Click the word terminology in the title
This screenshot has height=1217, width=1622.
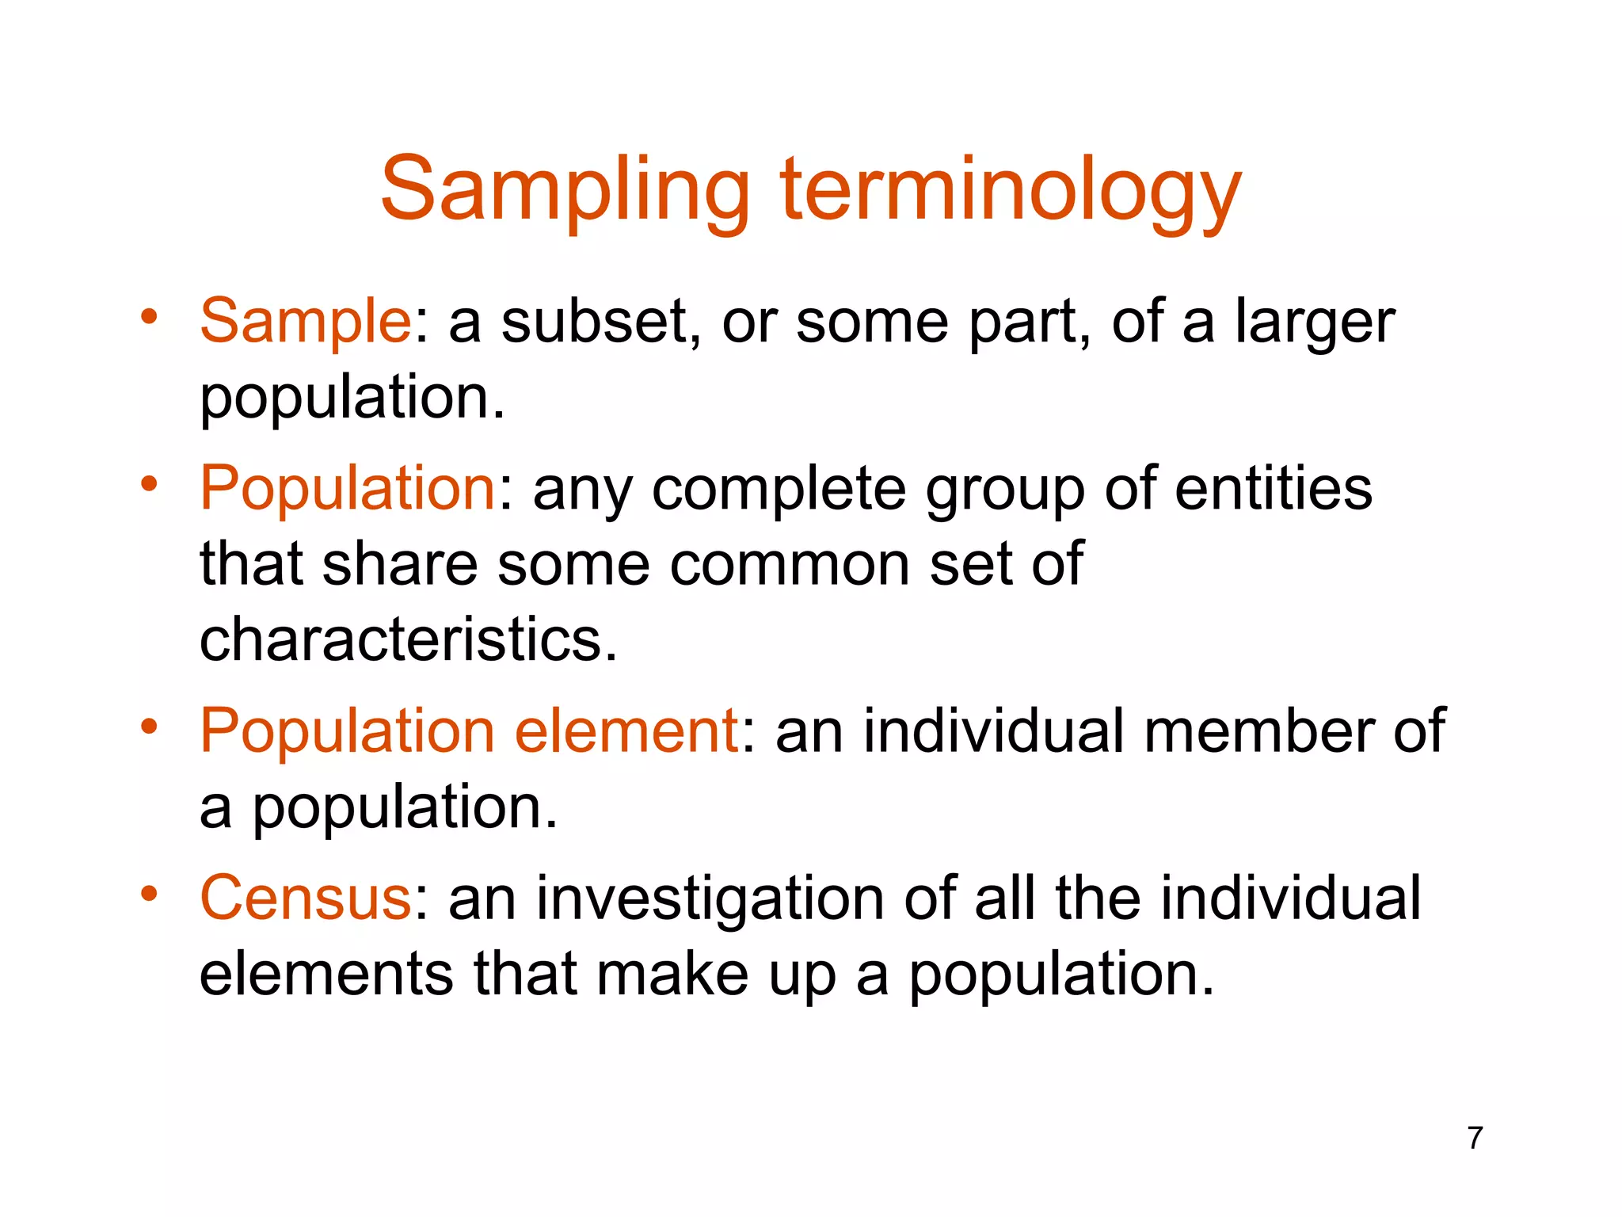point(1011,192)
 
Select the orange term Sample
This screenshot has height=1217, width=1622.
point(305,321)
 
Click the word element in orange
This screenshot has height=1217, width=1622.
point(626,730)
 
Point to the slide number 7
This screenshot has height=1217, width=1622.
point(1474,1138)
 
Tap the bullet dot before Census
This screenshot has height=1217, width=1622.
point(149,895)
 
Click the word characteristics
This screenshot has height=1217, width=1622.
point(407,639)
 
